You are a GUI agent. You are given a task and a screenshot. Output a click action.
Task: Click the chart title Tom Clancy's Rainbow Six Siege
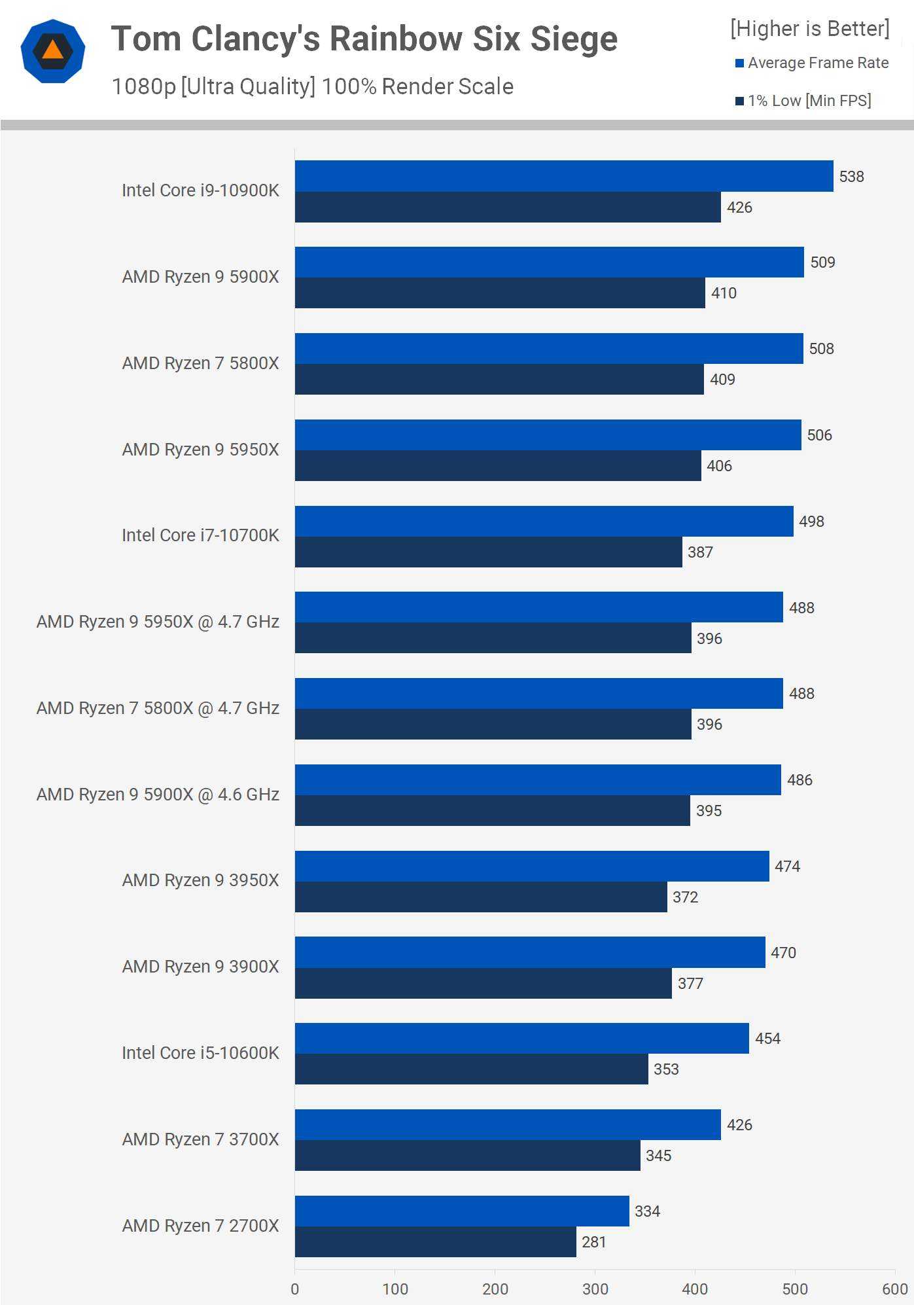364,39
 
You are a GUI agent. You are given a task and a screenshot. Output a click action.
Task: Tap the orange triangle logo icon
52,51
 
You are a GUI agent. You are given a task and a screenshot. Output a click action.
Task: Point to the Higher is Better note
810,29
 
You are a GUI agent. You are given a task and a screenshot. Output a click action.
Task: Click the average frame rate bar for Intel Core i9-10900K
564,176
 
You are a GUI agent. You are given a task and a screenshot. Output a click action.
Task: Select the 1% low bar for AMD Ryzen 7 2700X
435,1242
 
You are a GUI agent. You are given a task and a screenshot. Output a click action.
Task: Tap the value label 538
851,177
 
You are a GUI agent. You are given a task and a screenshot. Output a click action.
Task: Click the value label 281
594,1242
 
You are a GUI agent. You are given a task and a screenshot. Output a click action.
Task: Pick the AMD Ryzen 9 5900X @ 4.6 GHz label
158,795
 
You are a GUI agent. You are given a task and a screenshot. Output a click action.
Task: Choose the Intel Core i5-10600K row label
200,1053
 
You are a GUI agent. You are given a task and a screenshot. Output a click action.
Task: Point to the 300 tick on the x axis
595,1289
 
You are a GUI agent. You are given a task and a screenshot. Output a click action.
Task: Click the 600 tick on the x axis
894,1289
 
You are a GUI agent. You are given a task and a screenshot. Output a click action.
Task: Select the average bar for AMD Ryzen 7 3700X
508,1124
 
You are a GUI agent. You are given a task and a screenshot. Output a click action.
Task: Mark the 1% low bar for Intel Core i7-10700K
488,552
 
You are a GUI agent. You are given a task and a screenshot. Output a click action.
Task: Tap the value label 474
787,867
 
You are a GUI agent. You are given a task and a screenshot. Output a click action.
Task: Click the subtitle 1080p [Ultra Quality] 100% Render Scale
312,86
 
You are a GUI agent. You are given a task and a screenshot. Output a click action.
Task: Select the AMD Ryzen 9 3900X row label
200,967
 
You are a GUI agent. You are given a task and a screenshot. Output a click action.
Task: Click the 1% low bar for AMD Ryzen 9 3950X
481,897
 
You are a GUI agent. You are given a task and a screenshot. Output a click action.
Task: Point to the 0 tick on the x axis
295,1289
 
